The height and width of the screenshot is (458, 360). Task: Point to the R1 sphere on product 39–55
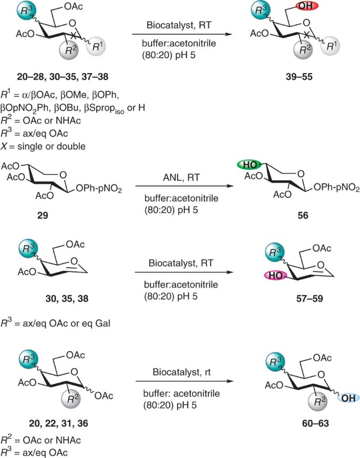coord(330,46)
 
